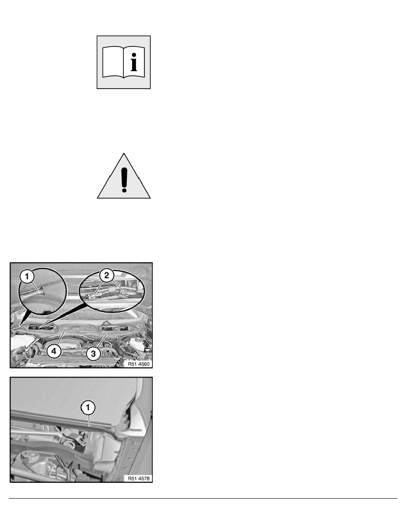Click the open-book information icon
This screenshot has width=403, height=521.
coord(124,62)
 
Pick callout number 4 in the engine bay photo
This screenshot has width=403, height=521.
coord(52,351)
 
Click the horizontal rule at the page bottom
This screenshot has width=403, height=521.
coord(201,498)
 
